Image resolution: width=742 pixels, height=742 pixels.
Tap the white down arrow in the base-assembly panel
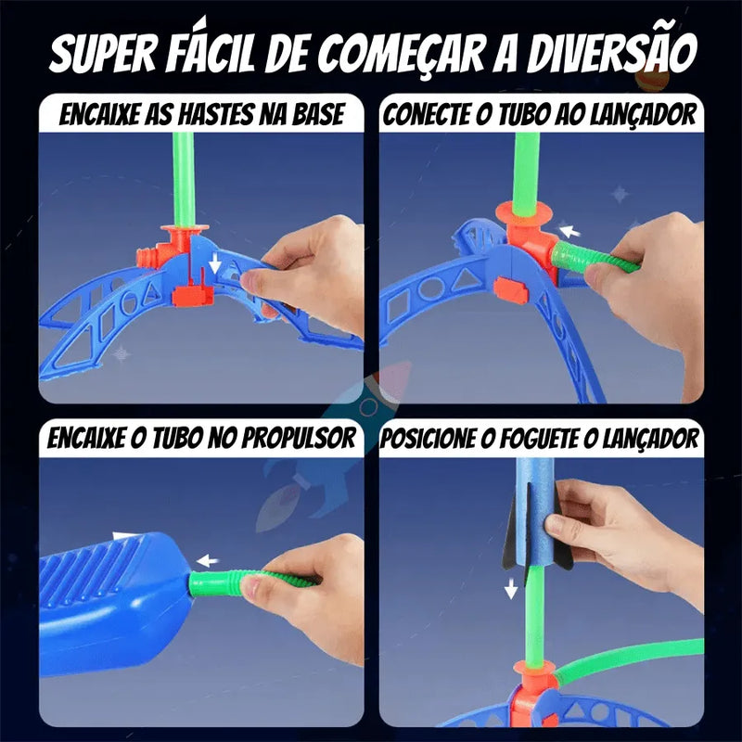[215, 264]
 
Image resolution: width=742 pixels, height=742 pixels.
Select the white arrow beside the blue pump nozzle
[207, 560]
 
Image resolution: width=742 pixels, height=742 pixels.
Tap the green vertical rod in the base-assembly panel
[183, 176]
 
